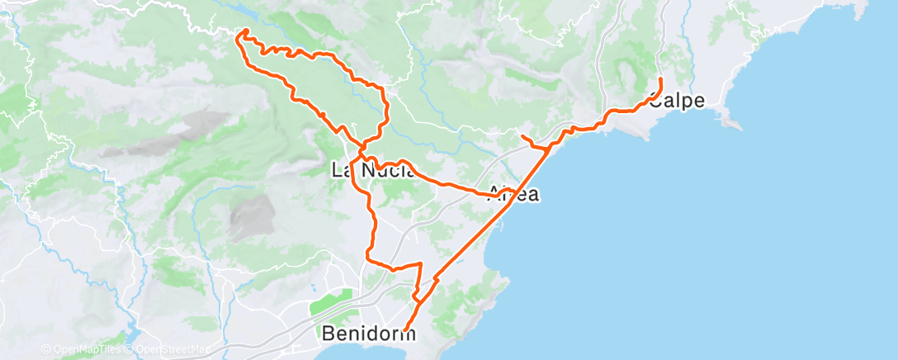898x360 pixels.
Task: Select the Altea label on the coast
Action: click(x=515, y=195)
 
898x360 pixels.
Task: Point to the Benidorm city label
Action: click(x=367, y=334)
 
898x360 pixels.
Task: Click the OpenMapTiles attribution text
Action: click(x=83, y=349)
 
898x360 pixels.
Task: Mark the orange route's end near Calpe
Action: click(x=661, y=78)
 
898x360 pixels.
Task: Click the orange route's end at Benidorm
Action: click(x=404, y=333)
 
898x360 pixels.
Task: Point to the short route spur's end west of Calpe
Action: click(x=523, y=135)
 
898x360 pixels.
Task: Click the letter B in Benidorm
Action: click(x=328, y=334)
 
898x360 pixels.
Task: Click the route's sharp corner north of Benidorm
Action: click(x=420, y=263)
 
